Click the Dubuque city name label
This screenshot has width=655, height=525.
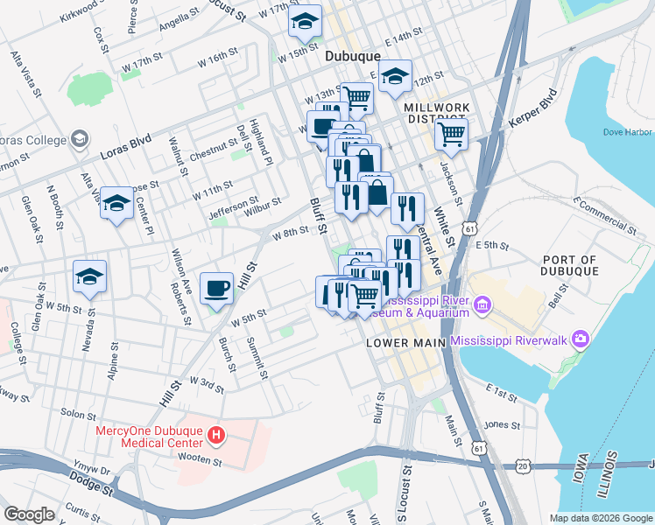point(353,56)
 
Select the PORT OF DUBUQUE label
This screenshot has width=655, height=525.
point(570,265)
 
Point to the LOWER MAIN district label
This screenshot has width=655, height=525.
point(405,343)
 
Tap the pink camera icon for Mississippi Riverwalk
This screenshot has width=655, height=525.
point(579,338)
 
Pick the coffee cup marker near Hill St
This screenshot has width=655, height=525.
point(216,288)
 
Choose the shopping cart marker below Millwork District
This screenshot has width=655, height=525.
point(451,134)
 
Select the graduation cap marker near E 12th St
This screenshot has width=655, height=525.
point(396,75)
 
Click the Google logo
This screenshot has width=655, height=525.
point(29,514)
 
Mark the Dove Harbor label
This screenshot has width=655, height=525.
point(629,131)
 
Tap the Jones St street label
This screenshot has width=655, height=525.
point(502,424)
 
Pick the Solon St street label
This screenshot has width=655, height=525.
point(79,411)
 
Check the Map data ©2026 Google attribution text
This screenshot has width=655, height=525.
point(600,517)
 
